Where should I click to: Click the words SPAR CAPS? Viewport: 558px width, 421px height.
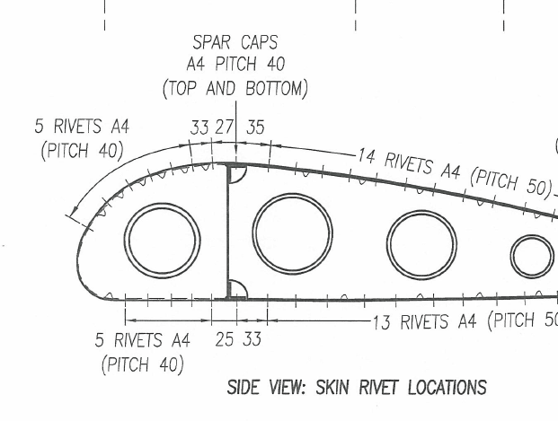235,42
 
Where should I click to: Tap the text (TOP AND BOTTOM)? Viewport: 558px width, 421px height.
235,88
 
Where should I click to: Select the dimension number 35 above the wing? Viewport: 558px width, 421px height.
255,127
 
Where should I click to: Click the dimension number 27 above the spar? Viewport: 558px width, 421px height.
224,127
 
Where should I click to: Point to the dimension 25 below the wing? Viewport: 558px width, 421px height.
225,339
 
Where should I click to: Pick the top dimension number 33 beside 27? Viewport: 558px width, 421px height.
199,127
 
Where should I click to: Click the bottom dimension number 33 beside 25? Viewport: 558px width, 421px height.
252,338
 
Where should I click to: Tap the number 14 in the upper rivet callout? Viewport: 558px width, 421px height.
367,155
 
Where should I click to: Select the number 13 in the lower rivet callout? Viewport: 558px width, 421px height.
382,322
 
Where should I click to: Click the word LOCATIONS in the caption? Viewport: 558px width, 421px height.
447,387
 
